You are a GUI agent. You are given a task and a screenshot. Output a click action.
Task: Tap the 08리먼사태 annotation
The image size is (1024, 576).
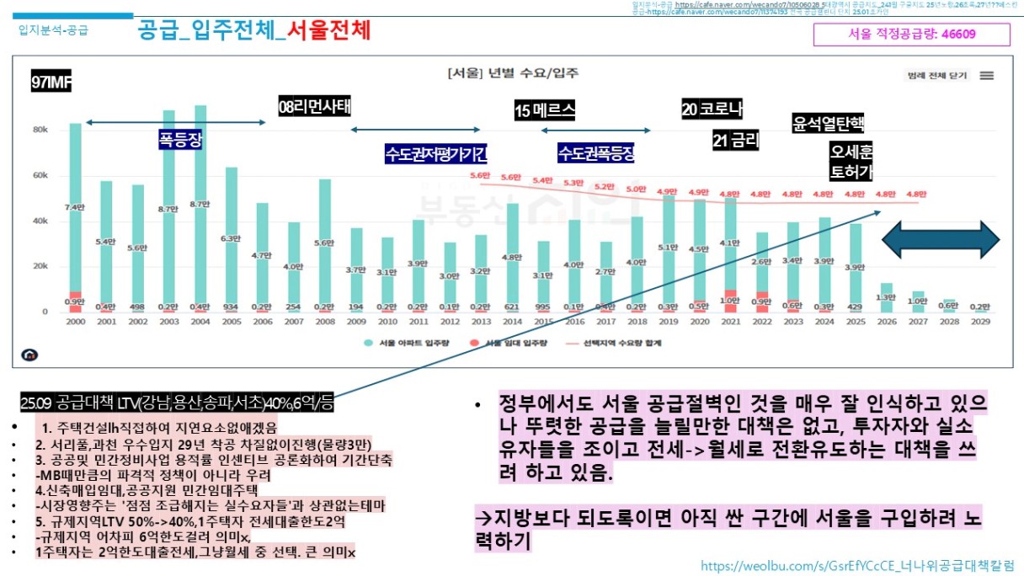click(314, 106)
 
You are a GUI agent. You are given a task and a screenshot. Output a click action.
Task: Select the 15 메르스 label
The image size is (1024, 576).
click(545, 110)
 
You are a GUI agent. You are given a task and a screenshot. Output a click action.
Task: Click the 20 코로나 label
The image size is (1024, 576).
click(712, 109)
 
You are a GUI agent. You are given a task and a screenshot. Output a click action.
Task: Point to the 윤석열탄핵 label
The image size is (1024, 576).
click(828, 124)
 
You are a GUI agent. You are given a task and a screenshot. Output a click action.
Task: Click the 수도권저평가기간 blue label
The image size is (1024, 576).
click(435, 154)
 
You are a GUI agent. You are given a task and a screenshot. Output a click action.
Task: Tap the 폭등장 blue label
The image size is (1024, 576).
click(181, 139)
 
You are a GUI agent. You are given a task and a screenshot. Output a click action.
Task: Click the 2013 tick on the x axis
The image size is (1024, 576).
click(481, 322)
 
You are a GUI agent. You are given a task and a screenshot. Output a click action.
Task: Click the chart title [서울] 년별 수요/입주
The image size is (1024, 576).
click(513, 73)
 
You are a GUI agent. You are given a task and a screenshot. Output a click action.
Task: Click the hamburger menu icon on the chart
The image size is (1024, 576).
click(987, 75)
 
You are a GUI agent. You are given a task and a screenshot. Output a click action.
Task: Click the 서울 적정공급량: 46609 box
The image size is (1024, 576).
click(911, 35)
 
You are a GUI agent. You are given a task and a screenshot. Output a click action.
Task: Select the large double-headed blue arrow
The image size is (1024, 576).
click(940, 240)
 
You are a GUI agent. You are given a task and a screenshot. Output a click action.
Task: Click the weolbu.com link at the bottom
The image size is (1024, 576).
click(856, 564)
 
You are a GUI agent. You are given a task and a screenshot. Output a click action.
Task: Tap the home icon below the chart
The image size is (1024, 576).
click(31, 355)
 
